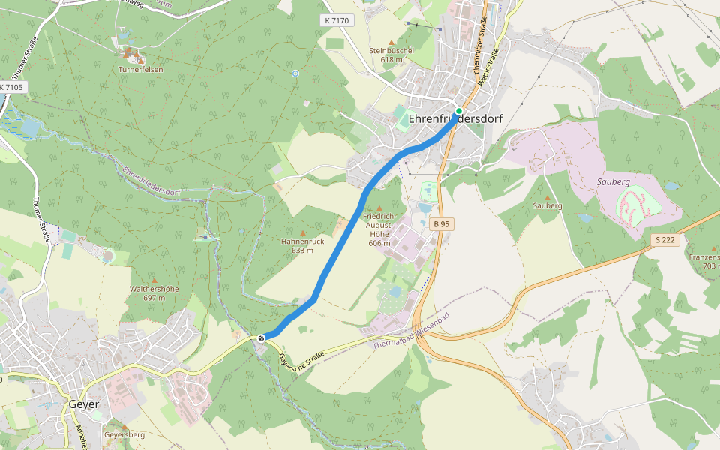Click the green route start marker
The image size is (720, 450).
pyautogui.click(x=458, y=111)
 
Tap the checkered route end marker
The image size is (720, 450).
pyautogui.click(x=261, y=338)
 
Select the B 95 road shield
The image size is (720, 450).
pyautogui.click(x=442, y=224)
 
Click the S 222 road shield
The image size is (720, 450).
pyautogui.click(x=664, y=239)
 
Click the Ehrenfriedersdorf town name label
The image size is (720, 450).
pyautogui.click(x=455, y=118)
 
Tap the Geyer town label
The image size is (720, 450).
pyautogui.click(x=83, y=403)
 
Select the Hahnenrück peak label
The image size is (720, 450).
pyautogui.click(x=302, y=241)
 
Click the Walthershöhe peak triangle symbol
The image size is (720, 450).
pyautogui.click(x=154, y=280)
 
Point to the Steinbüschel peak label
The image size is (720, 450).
pyautogui.click(x=391, y=50)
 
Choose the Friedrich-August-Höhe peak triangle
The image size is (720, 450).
pyautogui.click(x=379, y=208)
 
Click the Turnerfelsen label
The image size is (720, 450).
pyautogui.click(x=140, y=69)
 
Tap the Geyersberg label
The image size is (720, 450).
pyautogui.click(x=124, y=434)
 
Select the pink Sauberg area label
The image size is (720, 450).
pyautogui.click(x=611, y=182)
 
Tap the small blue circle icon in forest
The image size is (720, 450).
pyautogui.click(x=295, y=73)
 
